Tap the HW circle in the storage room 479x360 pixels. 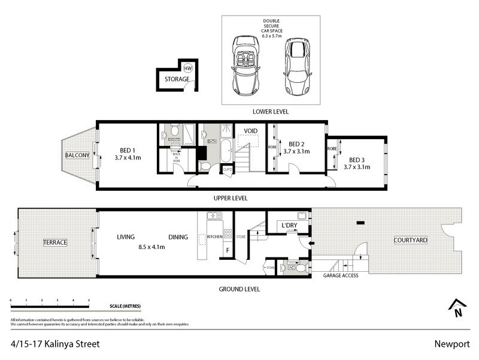pyautogui.click(x=189, y=68)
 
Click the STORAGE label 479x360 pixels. pyautogui.click(x=177, y=79)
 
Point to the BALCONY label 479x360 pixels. pyautogui.click(x=77, y=155)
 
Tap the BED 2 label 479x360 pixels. pyautogui.click(x=298, y=144)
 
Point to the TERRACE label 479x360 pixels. pyautogui.click(x=54, y=242)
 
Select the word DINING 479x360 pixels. pyautogui.click(x=178, y=237)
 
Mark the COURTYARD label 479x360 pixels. pyautogui.click(x=410, y=240)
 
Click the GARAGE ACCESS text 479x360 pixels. pyautogui.click(x=341, y=276)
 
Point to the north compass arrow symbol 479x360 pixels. pyautogui.click(x=457, y=307)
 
